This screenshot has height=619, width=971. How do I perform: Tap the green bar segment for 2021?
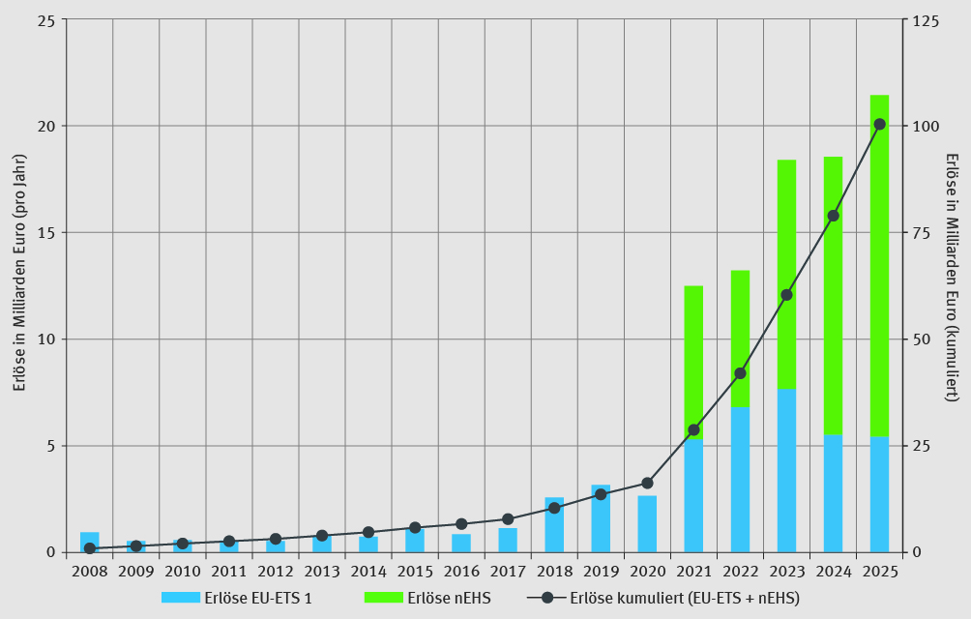pyautogui.click(x=693, y=358)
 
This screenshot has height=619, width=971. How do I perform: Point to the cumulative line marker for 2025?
pyautogui.click(x=879, y=124)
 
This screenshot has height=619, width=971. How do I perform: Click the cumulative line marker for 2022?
pyautogui.click(x=740, y=373)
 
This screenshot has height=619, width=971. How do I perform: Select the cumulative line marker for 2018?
pyautogui.click(x=554, y=508)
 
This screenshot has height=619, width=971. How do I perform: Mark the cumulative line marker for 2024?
pyautogui.click(x=833, y=216)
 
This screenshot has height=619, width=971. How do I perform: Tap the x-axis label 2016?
pyautogui.click(x=461, y=572)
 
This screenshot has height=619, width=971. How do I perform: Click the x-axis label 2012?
pyautogui.click(x=276, y=572)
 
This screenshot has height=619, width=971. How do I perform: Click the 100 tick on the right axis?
pyautogui.click(x=927, y=126)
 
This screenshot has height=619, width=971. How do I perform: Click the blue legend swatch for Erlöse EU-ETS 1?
pyautogui.click(x=181, y=598)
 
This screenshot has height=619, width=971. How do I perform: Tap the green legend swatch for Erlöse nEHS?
pyautogui.click(x=383, y=598)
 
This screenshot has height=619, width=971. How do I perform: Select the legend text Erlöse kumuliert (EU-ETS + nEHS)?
pyautogui.click(x=685, y=598)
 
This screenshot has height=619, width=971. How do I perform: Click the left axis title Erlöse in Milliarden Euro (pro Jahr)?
pyautogui.click(x=19, y=286)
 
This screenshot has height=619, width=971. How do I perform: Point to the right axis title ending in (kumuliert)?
pyautogui.click(x=952, y=278)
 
